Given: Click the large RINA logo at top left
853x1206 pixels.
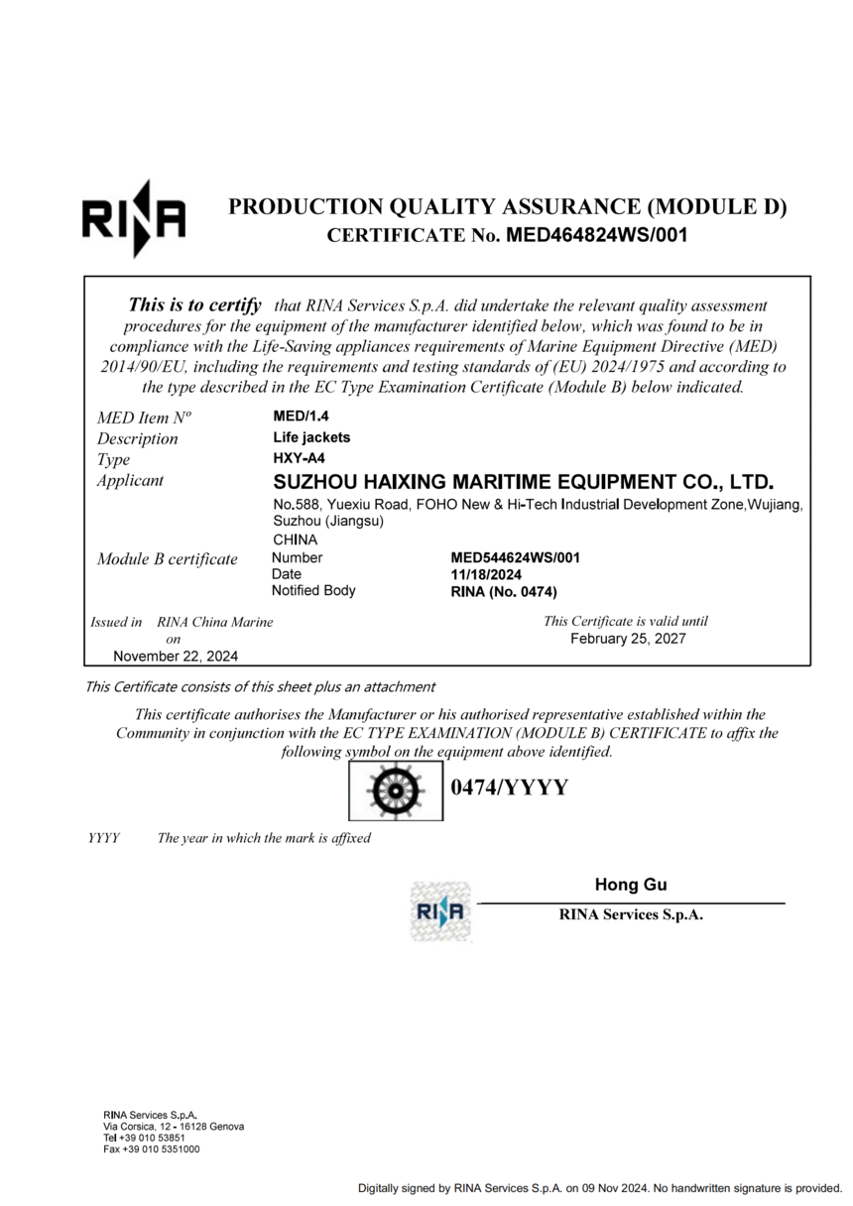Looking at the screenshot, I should coord(133,218).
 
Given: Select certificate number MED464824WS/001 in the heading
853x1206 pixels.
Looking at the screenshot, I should coord(596,236).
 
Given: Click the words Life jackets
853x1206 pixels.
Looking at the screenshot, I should coord(311,437).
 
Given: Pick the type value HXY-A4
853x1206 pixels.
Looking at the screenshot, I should coord(300,458).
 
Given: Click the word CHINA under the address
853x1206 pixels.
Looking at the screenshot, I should coord(295,541).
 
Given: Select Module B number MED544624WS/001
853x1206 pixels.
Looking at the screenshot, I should coord(515,558).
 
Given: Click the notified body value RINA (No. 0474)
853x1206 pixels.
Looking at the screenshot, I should coord(504,592).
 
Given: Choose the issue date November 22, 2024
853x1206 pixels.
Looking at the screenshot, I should coord(176,657).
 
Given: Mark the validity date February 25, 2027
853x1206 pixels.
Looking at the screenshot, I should coord(627,639).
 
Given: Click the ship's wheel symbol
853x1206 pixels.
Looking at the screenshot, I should coord(395,789).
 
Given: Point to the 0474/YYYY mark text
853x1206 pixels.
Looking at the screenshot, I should coord(509,788).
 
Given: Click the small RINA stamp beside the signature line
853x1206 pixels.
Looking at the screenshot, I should coord(440,910).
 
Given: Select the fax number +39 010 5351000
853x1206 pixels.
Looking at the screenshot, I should coord(152,1149).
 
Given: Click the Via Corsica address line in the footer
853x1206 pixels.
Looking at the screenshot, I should coord(174,1127).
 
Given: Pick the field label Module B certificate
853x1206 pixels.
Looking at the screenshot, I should coord(168,559).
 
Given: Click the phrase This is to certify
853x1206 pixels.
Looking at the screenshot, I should coord(195,305).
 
